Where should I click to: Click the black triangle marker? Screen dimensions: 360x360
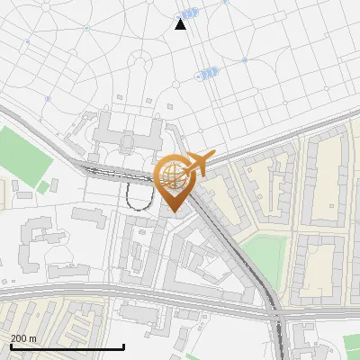click(x=181, y=24)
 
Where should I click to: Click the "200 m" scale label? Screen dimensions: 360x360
click(x=23, y=337)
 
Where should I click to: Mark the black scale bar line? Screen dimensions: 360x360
click(x=67, y=346)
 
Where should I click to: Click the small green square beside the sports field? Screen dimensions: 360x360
click(x=42, y=187)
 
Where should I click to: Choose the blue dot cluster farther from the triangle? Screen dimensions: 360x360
click(x=208, y=74)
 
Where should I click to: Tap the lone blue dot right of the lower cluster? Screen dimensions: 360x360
click(x=245, y=60)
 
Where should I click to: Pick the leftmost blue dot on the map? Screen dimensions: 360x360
click(x=27, y=41)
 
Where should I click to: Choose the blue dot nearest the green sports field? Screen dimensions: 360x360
click(x=49, y=98)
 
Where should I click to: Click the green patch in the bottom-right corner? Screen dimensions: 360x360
click(x=352, y=344)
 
